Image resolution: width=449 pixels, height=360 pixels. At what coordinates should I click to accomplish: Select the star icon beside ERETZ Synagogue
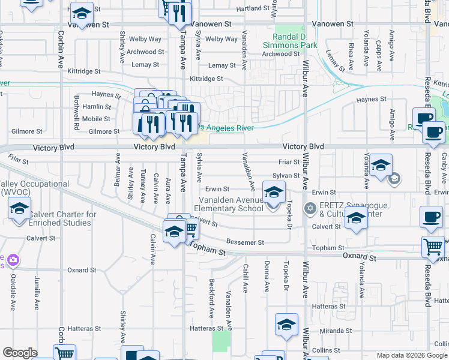pos(310,209)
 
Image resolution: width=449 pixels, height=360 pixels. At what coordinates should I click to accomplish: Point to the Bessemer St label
pos(245,242)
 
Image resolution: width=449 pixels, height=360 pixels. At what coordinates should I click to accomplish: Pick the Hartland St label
pos(253,8)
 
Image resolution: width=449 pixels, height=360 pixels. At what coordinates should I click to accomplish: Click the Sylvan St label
pos(286,176)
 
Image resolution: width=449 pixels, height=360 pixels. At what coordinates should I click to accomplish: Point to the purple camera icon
pos(13,260)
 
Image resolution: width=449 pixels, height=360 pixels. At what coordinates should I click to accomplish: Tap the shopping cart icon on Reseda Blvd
pos(433,246)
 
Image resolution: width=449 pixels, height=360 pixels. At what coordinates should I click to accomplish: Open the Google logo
pos(20,353)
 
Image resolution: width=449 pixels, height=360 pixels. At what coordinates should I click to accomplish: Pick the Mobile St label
pos(97,119)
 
